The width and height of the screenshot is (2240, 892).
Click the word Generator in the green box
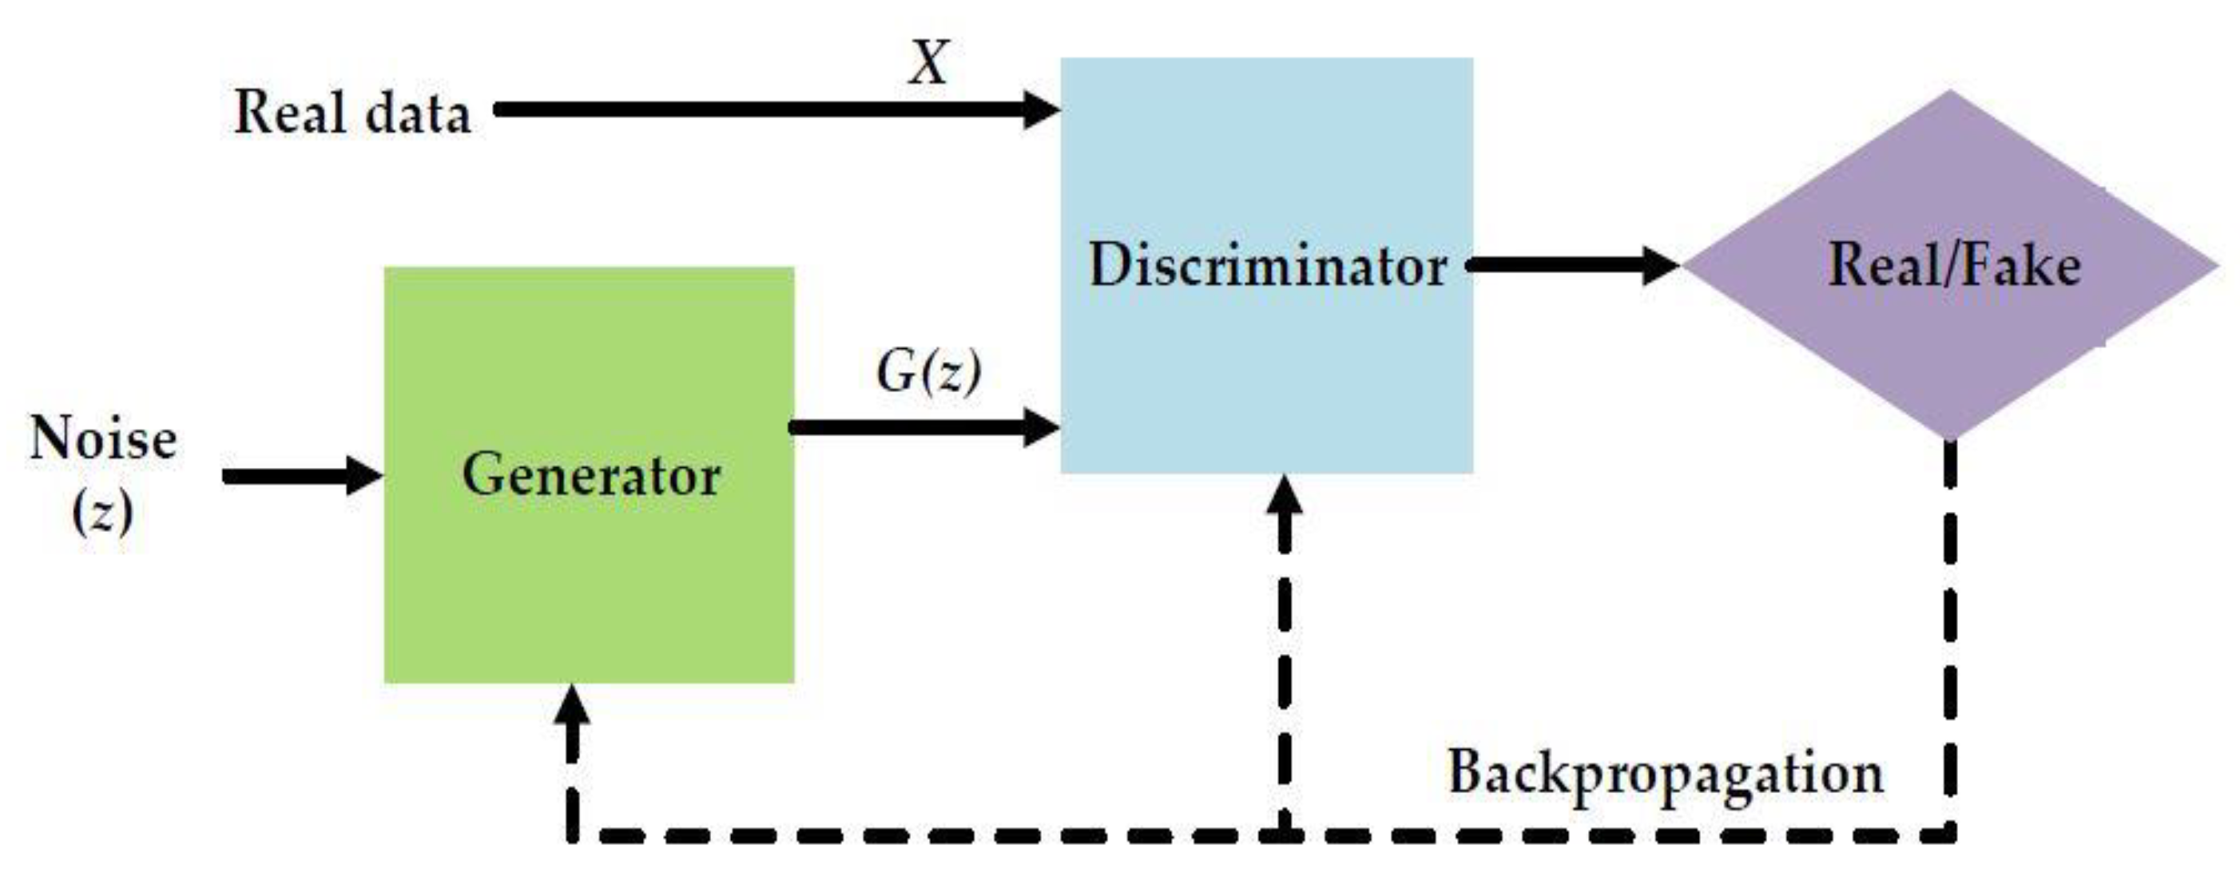point(591,476)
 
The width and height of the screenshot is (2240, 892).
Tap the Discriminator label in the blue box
point(1267,265)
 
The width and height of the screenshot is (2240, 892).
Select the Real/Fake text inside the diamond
point(1954,264)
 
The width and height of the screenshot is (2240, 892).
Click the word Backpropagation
point(1664,772)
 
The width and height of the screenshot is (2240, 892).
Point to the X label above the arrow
point(929,62)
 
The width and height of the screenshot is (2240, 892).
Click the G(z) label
point(929,372)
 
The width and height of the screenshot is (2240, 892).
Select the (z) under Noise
point(102,513)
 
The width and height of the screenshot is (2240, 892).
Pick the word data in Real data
point(417,113)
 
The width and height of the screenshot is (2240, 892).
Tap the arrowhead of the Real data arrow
point(1040,109)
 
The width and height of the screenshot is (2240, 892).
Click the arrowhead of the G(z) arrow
point(1040,427)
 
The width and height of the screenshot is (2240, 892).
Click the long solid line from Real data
point(757,109)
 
